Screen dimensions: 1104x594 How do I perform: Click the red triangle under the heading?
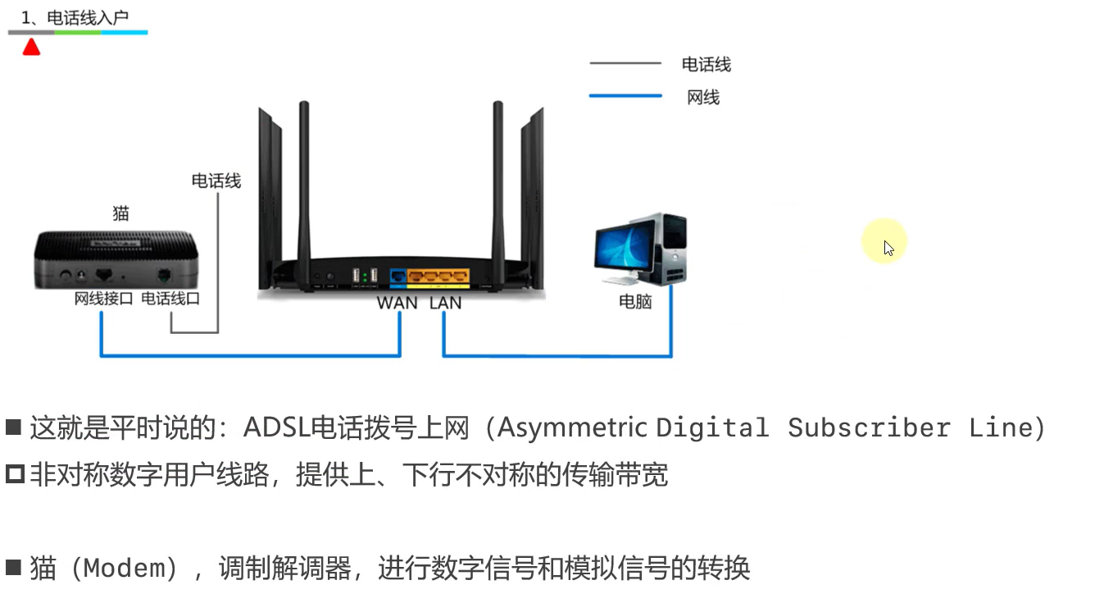click(x=31, y=47)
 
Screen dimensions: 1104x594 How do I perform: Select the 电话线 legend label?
click(x=706, y=65)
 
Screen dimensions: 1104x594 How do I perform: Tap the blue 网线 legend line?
click(x=625, y=97)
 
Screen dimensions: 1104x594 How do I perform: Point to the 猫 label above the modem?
click(x=120, y=213)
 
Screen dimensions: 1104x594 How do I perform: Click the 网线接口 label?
click(x=103, y=299)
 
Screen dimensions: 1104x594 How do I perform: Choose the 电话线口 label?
click(x=170, y=299)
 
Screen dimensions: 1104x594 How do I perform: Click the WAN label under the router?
click(x=397, y=303)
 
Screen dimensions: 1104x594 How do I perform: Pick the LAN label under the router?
click(x=445, y=303)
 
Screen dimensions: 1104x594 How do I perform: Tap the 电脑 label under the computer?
click(x=635, y=302)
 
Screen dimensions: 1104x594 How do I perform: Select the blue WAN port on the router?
click(x=398, y=276)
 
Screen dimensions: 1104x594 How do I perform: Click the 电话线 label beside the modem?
click(x=216, y=180)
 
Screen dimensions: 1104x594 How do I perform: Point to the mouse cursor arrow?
click(x=888, y=248)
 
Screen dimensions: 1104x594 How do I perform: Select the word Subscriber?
click(x=869, y=427)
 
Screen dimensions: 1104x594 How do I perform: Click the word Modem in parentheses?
click(x=131, y=568)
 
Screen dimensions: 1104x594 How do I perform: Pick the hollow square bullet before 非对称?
click(x=15, y=474)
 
